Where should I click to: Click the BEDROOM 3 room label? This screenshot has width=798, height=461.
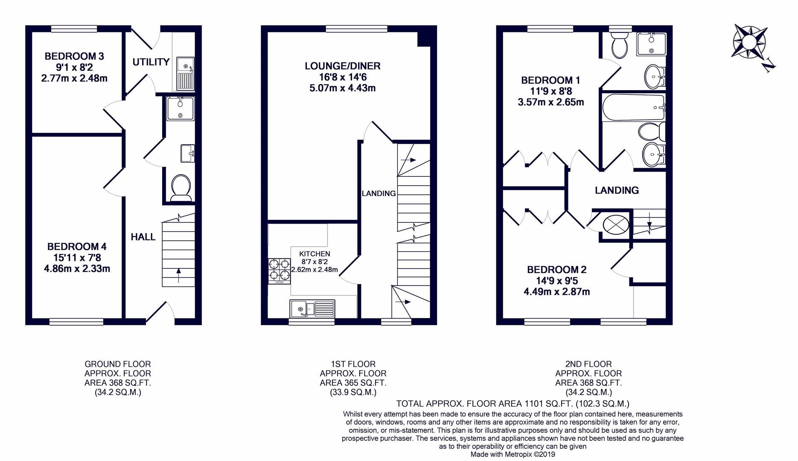74,56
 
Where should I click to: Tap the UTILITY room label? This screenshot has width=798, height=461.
151,62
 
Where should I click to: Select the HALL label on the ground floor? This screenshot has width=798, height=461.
143,237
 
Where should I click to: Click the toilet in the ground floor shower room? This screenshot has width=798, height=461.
181,187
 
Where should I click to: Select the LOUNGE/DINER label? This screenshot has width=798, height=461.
342,66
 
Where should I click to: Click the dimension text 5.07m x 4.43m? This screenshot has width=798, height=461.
342,88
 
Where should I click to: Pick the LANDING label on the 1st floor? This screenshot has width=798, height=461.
379,193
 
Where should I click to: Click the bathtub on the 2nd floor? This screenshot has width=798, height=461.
632,107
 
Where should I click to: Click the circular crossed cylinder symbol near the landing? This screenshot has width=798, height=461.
615,225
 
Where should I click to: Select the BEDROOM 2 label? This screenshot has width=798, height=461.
556,270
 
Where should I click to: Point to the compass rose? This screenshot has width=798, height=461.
749,41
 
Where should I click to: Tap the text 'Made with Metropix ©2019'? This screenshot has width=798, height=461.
513,455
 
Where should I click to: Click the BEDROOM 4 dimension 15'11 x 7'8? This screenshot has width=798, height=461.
77,258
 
